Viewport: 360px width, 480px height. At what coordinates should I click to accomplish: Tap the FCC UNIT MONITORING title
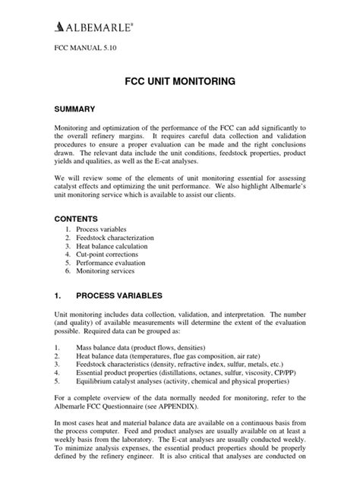(x=180, y=80)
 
